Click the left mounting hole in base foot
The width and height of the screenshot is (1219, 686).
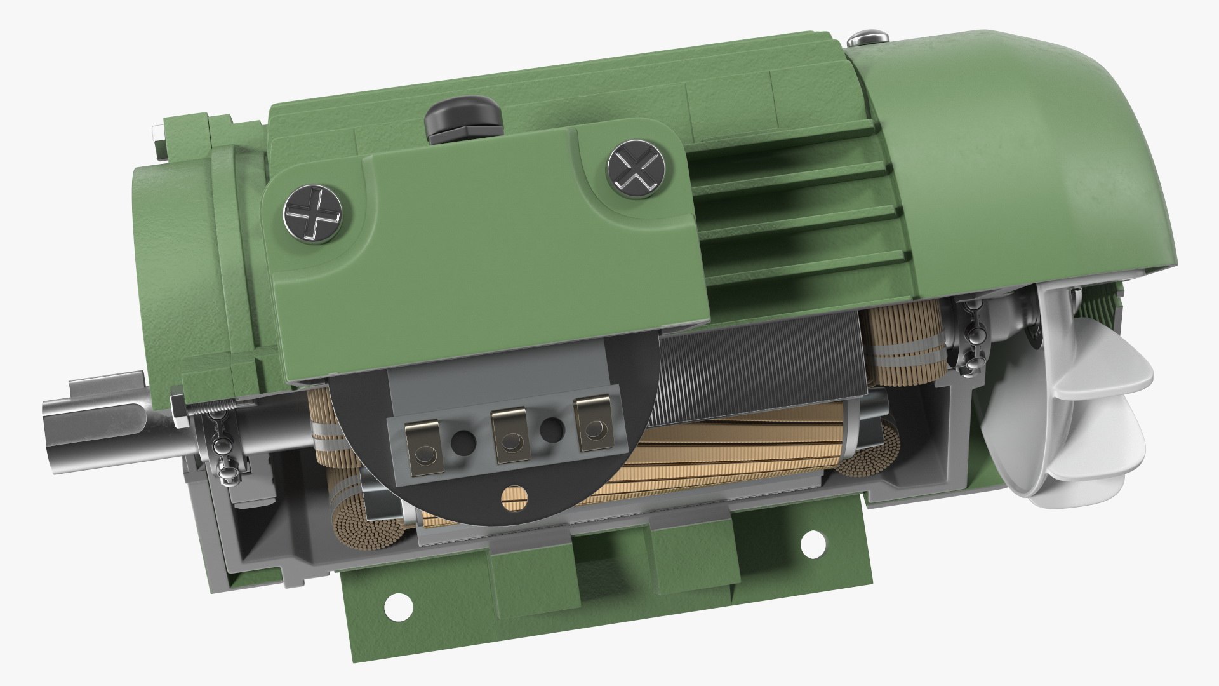[x=399, y=606]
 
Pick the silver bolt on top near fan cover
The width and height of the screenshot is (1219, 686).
[x=868, y=38]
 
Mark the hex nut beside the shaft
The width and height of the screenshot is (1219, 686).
[x=178, y=410]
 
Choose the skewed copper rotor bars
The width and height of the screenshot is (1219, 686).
[x=698, y=457]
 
